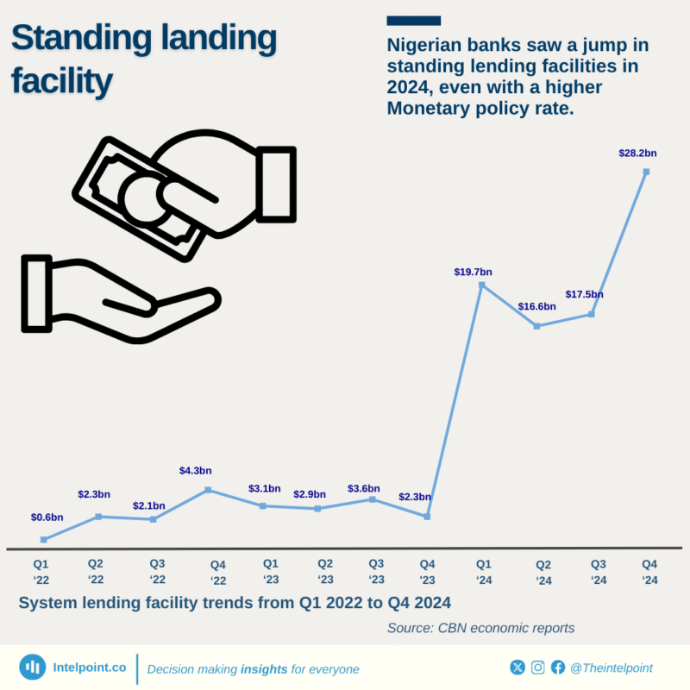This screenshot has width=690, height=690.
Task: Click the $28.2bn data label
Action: click(x=637, y=154)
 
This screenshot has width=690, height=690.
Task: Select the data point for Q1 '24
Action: click(x=482, y=285)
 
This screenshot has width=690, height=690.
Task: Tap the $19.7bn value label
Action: click(x=473, y=273)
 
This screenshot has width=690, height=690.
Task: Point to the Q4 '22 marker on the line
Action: click(x=208, y=490)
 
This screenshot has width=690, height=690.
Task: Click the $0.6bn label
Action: click(x=47, y=517)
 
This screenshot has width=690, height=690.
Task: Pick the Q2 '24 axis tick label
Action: click(x=543, y=573)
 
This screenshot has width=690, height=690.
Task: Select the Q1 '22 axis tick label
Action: click(x=41, y=571)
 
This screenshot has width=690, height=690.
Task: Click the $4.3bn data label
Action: click(x=195, y=471)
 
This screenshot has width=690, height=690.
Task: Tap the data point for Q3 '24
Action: click(x=592, y=314)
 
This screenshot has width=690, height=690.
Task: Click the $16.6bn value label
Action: click(x=536, y=307)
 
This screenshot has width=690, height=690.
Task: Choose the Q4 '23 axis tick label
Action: click(x=428, y=571)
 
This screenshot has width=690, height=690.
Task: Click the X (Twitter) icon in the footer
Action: click(x=517, y=667)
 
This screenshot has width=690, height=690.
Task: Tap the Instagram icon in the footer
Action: click(x=538, y=667)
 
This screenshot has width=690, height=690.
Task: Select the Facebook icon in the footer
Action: click(x=558, y=667)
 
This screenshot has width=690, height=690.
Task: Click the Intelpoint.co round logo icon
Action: click(x=33, y=667)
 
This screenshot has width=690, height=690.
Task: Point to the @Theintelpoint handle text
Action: click(x=612, y=668)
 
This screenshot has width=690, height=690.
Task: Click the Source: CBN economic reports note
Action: click(x=480, y=628)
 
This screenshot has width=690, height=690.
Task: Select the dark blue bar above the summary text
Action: click(x=414, y=20)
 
